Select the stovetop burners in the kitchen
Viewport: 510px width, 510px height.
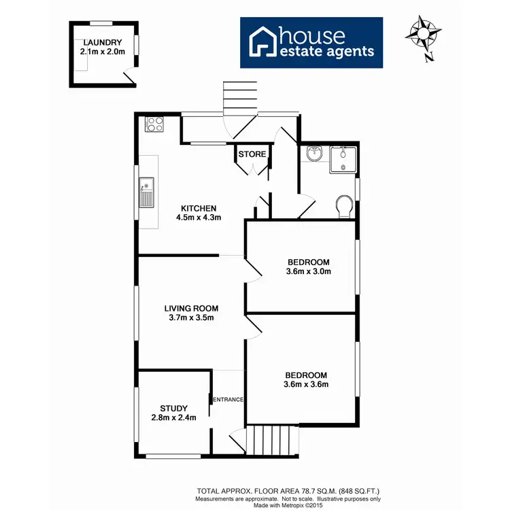154,124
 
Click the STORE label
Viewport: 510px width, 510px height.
252,154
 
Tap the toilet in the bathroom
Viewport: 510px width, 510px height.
344,205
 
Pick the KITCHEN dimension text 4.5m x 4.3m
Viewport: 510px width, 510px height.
199,218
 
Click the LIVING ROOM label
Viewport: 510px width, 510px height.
190,308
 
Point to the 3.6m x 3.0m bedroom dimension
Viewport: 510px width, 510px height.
308,272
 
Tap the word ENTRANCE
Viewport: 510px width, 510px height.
228,399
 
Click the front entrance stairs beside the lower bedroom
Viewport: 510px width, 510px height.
272,440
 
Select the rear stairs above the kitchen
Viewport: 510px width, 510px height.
240,99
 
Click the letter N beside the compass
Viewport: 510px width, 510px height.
429,57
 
